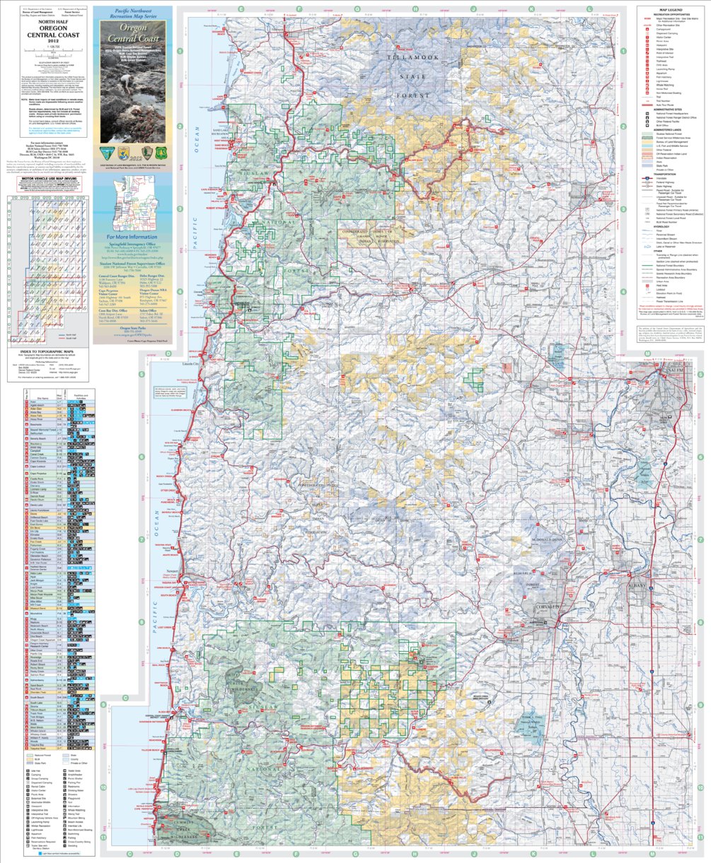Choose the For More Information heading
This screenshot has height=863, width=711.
tap(132, 238)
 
